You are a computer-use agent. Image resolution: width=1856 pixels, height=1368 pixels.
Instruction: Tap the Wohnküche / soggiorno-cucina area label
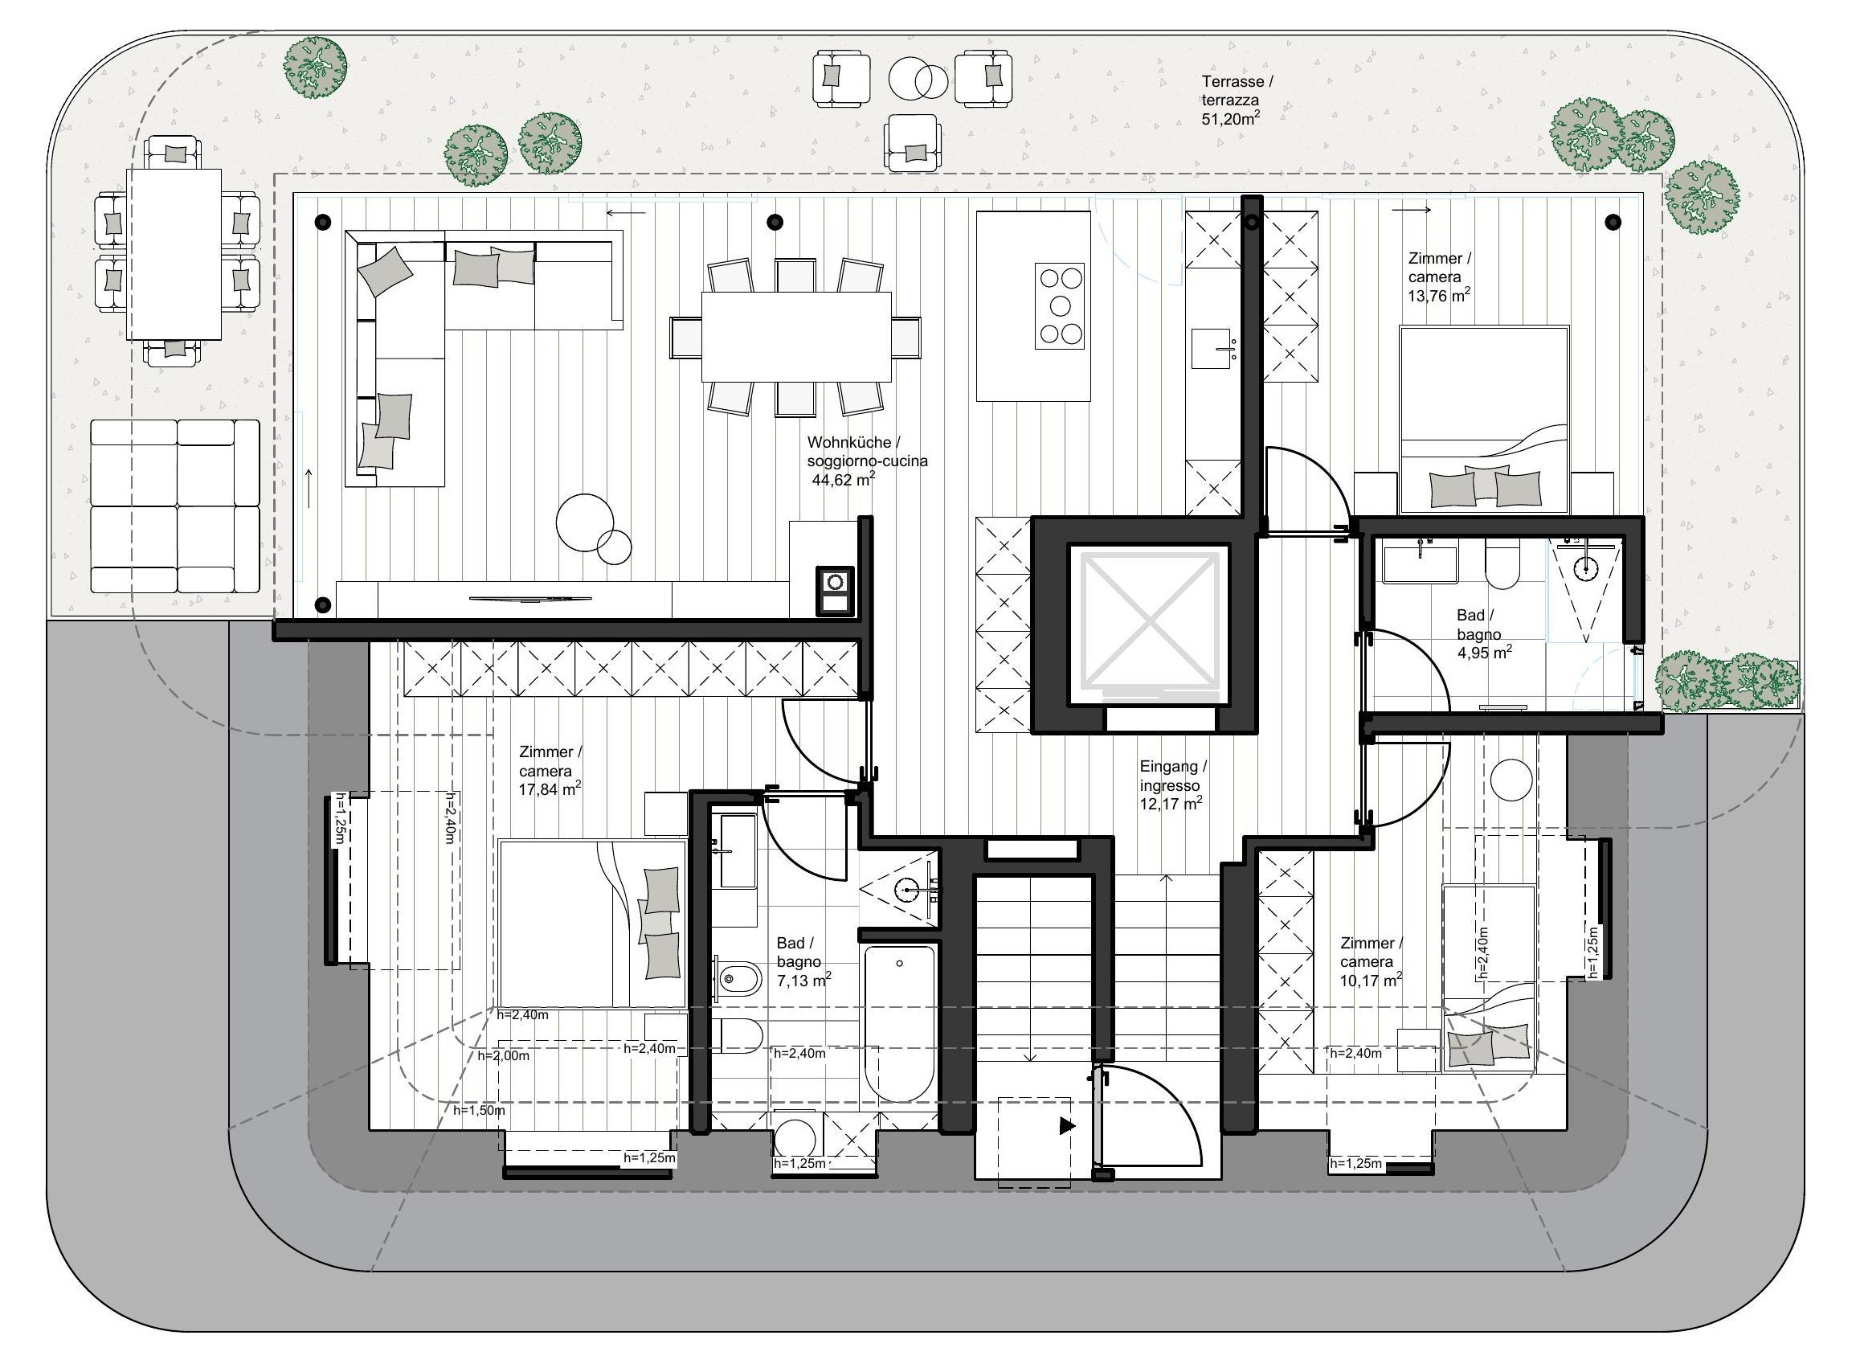867,461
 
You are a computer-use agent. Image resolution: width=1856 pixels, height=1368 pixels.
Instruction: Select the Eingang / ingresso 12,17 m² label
1172,785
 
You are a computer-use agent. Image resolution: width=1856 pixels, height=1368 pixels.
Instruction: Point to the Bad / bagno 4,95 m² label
1484,633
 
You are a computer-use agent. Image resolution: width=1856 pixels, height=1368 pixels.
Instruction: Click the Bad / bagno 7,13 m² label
803,961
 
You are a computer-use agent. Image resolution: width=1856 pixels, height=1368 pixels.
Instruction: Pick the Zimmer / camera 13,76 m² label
1439,276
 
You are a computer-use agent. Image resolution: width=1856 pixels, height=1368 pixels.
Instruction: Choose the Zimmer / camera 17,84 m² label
550,770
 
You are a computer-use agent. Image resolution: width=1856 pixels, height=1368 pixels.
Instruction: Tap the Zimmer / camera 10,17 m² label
1371,961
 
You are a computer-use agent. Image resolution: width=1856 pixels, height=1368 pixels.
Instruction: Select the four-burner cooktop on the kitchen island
1060,305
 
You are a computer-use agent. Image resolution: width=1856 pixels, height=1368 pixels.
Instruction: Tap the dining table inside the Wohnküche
795,336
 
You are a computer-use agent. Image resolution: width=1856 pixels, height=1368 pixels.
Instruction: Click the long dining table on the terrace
174,254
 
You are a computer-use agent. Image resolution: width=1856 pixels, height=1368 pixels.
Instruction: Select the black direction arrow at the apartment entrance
1067,1126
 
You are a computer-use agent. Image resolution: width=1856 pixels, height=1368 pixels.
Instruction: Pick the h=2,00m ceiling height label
503,1056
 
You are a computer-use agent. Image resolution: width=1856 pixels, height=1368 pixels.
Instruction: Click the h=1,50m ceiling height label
480,1111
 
